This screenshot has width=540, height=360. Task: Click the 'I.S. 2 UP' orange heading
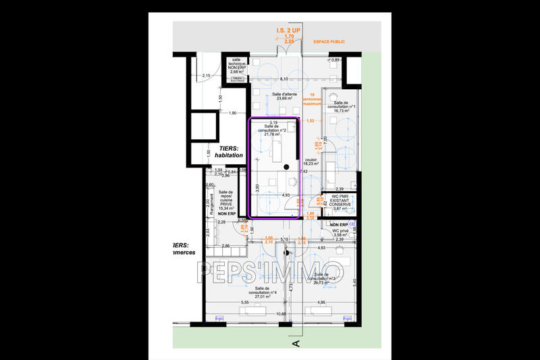pos(289,31)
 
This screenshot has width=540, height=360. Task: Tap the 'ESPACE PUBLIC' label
pos(329,41)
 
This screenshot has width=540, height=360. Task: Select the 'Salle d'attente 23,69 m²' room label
pos(285,97)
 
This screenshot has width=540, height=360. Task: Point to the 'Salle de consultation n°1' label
pos(341,108)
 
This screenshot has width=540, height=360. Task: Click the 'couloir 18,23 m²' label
pos(310,161)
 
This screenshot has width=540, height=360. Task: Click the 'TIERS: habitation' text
pos(228,151)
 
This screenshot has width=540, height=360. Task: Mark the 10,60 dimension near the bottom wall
pos(279,314)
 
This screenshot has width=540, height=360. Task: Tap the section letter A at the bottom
pos(295,343)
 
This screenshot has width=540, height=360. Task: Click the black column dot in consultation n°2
pos(287,166)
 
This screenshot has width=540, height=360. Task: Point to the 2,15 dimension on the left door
pos(207,76)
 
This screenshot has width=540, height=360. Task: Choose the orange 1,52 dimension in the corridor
pos(310,121)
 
